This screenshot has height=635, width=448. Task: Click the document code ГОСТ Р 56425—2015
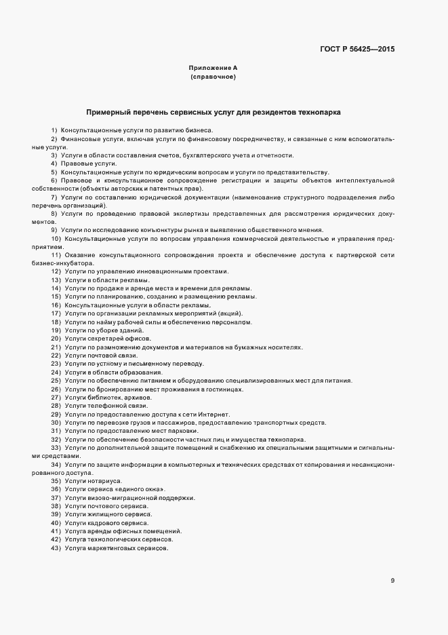click(x=357, y=49)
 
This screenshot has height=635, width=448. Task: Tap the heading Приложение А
click(x=213, y=69)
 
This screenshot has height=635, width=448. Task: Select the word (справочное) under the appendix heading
click(x=213, y=78)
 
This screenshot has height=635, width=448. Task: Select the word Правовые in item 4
click(x=75, y=163)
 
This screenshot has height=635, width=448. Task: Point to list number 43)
click(x=56, y=547)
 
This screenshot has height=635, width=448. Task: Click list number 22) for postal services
click(x=56, y=355)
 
